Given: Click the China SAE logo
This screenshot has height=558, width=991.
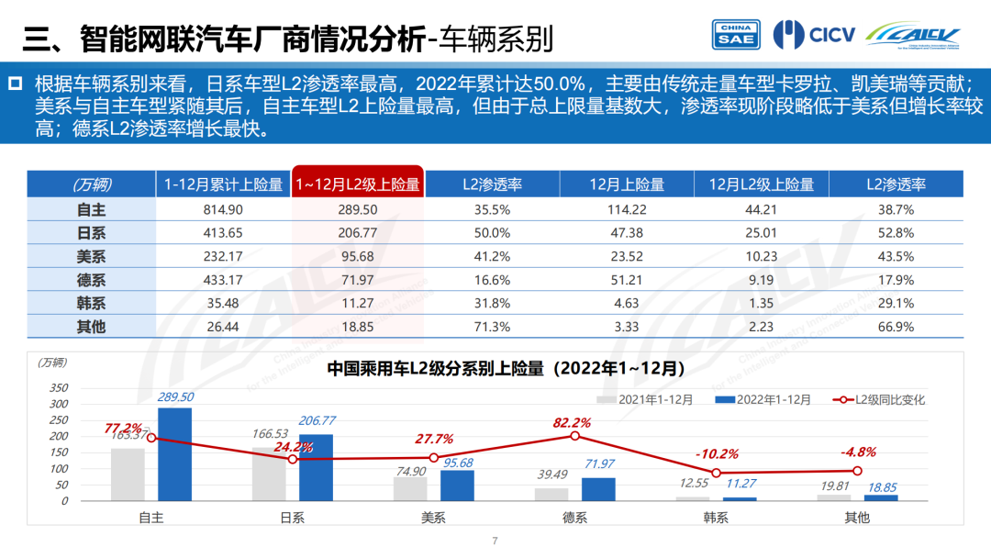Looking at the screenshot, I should pyautogui.click(x=736, y=34).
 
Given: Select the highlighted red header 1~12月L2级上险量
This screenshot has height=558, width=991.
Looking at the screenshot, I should pyautogui.click(x=357, y=184).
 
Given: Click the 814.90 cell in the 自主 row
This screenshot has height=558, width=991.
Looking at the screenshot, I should pyautogui.click(x=224, y=209).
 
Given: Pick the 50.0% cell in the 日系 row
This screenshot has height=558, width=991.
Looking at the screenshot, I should pyautogui.click(x=492, y=233).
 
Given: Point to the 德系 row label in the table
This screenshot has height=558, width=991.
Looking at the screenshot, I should pyautogui.click(x=91, y=281).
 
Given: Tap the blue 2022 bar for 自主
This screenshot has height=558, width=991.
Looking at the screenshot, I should pyautogui.click(x=174, y=454).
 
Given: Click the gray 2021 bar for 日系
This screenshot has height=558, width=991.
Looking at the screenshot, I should pyautogui.click(x=269, y=474).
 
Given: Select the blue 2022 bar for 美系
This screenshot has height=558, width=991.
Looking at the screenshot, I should pyautogui.click(x=456, y=485).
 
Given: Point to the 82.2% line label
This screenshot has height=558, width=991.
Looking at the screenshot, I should pyautogui.click(x=572, y=423).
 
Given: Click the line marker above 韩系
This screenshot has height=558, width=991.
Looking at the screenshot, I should pyautogui.click(x=716, y=473).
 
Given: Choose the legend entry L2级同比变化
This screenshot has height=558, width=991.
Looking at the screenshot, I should pyautogui.click(x=881, y=399).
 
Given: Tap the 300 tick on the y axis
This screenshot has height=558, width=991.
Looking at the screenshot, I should pyautogui.click(x=58, y=404).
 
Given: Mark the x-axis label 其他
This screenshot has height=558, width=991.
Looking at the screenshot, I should pyautogui.click(x=857, y=518).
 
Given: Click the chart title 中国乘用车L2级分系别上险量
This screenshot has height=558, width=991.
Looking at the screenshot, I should pyautogui.click(x=507, y=369).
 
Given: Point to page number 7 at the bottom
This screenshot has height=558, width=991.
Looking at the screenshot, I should pyautogui.click(x=495, y=541).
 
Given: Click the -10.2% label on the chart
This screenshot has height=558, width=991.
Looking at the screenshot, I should pyautogui.click(x=716, y=454).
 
